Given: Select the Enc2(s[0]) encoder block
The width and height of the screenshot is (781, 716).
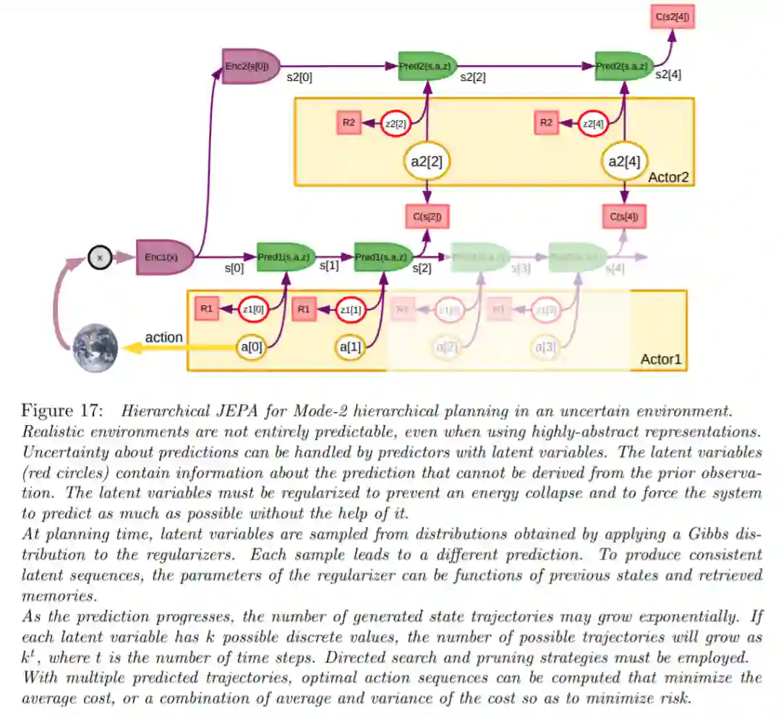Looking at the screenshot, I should pyautogui.click(x=250, y=67).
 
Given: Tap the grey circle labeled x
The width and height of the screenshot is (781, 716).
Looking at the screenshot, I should pyautogui.click(x=100, y=257).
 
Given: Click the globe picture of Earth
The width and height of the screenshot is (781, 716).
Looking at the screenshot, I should pyautogui.click(x=95, y=348).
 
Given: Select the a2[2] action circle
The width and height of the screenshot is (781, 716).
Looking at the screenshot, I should pyautogui.click(x=427, y=161).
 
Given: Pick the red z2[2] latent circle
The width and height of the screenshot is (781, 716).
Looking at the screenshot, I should pyautogui.click(x=396, y=124).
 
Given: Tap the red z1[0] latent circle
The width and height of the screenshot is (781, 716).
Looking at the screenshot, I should pyautogui.click(x=254, y=310).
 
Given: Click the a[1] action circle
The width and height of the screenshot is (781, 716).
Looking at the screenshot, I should pyautogui.click(x=351, y=348).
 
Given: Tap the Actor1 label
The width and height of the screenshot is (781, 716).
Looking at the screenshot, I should pyautogui.click(x=661, y=360).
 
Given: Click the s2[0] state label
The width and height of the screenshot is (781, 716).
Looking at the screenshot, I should pyautogui.click(x=299, y=77).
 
